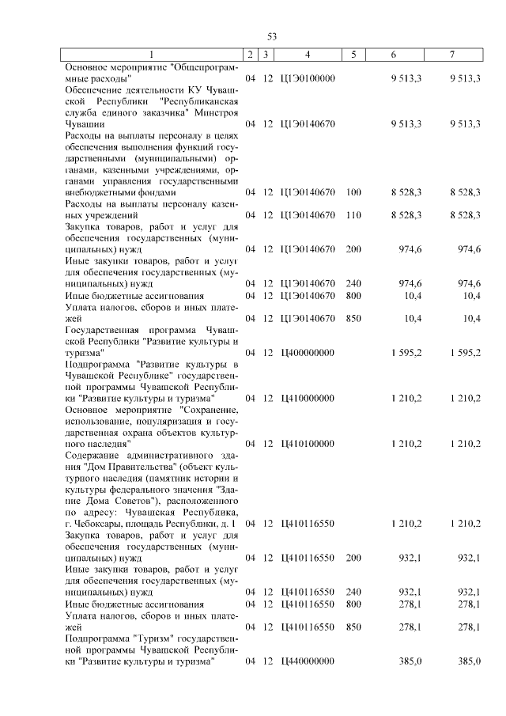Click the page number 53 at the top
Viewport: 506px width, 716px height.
271,36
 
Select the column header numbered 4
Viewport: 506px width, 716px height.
308,55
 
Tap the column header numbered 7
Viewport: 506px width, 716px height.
451,55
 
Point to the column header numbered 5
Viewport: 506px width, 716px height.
353,55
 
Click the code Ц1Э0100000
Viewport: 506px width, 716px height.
308,78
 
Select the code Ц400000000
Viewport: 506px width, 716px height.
308,352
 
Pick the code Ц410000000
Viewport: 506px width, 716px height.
308,398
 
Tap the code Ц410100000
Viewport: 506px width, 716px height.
308,444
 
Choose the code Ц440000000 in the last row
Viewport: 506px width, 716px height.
308,661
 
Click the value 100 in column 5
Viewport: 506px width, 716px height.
353,192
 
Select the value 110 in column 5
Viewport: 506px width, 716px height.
353,215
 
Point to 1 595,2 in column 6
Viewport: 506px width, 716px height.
406,352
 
